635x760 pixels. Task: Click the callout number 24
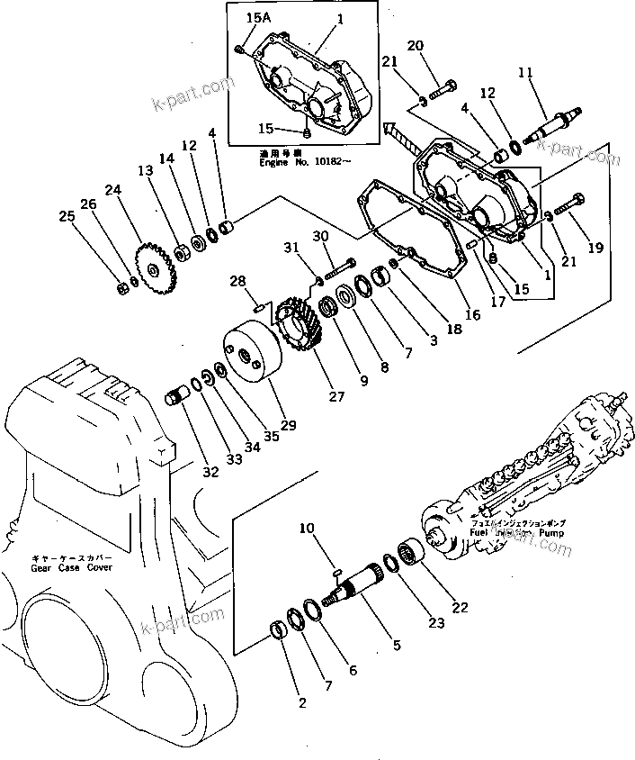click(x=112, y=190)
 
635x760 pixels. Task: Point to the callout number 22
click(x=460, y=608)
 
